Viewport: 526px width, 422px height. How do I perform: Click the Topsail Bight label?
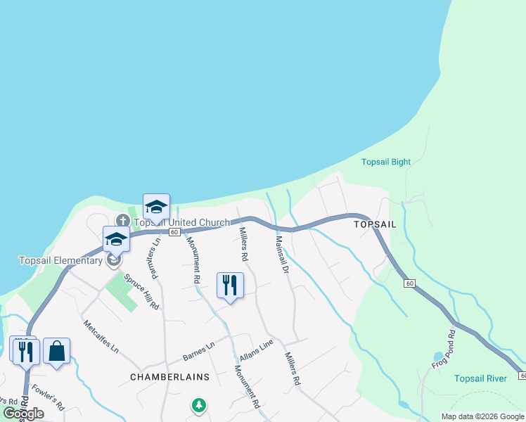click(385, 162)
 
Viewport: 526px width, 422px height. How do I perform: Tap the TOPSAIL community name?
click(375, 224)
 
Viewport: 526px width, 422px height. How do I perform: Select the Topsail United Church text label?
click(181, 222)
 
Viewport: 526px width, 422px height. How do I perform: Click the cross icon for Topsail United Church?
click(123, 221)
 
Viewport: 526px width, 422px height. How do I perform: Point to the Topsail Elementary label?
click(60, 261)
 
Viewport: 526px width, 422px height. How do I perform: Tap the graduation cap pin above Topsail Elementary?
click(116, 240)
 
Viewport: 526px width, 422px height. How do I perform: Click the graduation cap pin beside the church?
click(156, 207)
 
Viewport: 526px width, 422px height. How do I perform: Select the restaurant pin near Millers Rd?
click(230, 286)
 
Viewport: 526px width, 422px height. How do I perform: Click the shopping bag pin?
click(56, 351)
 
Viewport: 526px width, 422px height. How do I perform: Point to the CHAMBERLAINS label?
click(169, 377)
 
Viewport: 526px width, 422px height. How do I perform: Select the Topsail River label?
click(480, 378)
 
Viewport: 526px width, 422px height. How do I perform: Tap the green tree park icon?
click(200, 405)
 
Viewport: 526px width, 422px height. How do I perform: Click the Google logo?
click(23, 414)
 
